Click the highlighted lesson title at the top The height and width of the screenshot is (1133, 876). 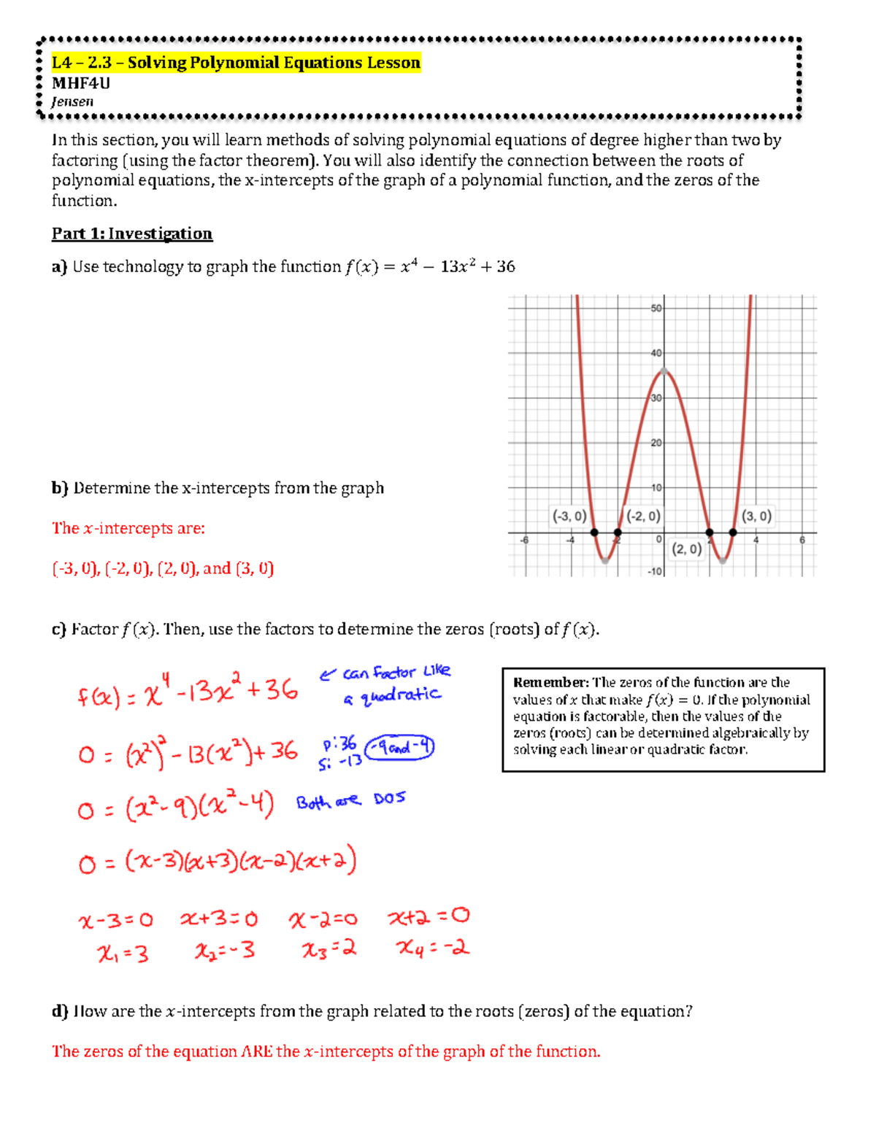(236, 63)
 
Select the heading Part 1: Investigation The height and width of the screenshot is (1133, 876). (131, 233)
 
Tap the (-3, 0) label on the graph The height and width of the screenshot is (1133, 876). (569, 516)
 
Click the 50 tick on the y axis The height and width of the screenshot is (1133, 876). (656, 309)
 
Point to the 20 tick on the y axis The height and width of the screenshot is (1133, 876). (656, 443)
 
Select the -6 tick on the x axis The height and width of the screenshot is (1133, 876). (524, 541)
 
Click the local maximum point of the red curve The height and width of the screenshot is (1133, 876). (664, 371)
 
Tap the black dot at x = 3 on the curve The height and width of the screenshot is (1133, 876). (733, 533)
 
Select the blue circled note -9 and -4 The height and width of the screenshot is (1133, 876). (399, 748)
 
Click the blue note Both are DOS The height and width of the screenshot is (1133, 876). (350, 800)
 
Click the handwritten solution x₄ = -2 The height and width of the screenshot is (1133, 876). (432, 948)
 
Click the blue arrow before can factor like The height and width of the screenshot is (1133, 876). (328, 675)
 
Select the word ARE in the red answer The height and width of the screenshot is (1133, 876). (257, 1052)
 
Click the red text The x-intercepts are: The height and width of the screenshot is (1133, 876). (128, 528)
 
